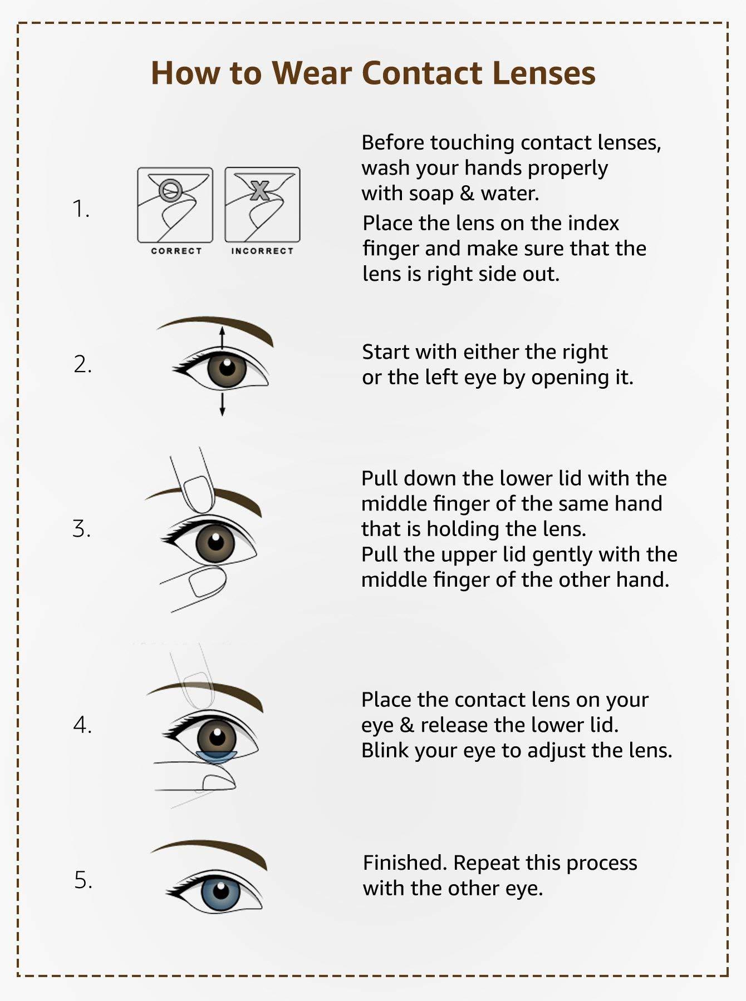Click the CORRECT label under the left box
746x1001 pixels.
pos(176,251)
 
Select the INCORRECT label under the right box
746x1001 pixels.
pos(262,251)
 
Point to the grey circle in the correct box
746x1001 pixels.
pos(170,190)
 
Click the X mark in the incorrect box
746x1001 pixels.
pos(259,190)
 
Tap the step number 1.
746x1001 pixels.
pos(81,209)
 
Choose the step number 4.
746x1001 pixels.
pos(82,725)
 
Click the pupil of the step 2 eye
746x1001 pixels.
pos(227,368)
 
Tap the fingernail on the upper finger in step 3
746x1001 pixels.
pos(199,493)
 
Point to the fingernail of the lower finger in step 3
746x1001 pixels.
pos(207,583)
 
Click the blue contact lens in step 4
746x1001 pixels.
pos(217,756)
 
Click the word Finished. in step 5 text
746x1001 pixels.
pos(405,863)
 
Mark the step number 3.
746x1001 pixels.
pos(81,528)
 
